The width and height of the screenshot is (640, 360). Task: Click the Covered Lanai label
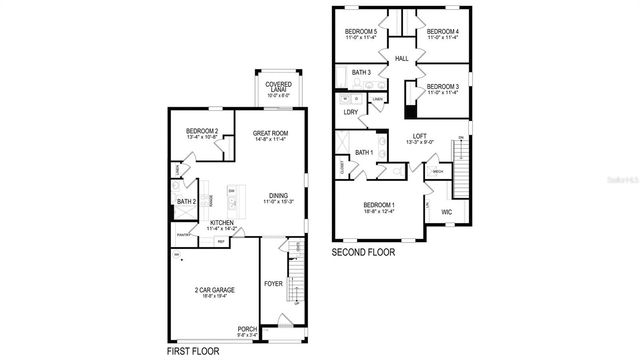point(271,86)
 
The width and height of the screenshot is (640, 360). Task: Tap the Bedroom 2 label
point(201,132)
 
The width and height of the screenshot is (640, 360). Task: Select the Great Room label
point(270,132)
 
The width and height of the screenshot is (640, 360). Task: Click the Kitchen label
point(222,223)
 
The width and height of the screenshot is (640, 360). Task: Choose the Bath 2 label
point(186,201)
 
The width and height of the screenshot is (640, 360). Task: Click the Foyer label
point(273,284)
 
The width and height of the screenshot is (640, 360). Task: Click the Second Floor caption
point(363,253)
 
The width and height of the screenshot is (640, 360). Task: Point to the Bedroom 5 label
point(361,32)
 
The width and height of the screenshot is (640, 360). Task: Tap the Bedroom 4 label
point(442,32)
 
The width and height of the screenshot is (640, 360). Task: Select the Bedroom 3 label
point(441,87)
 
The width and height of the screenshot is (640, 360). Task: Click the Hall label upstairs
point(402,59)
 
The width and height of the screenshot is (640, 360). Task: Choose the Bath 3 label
point(361,73)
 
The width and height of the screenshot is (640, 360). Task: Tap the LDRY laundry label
point(350,112)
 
